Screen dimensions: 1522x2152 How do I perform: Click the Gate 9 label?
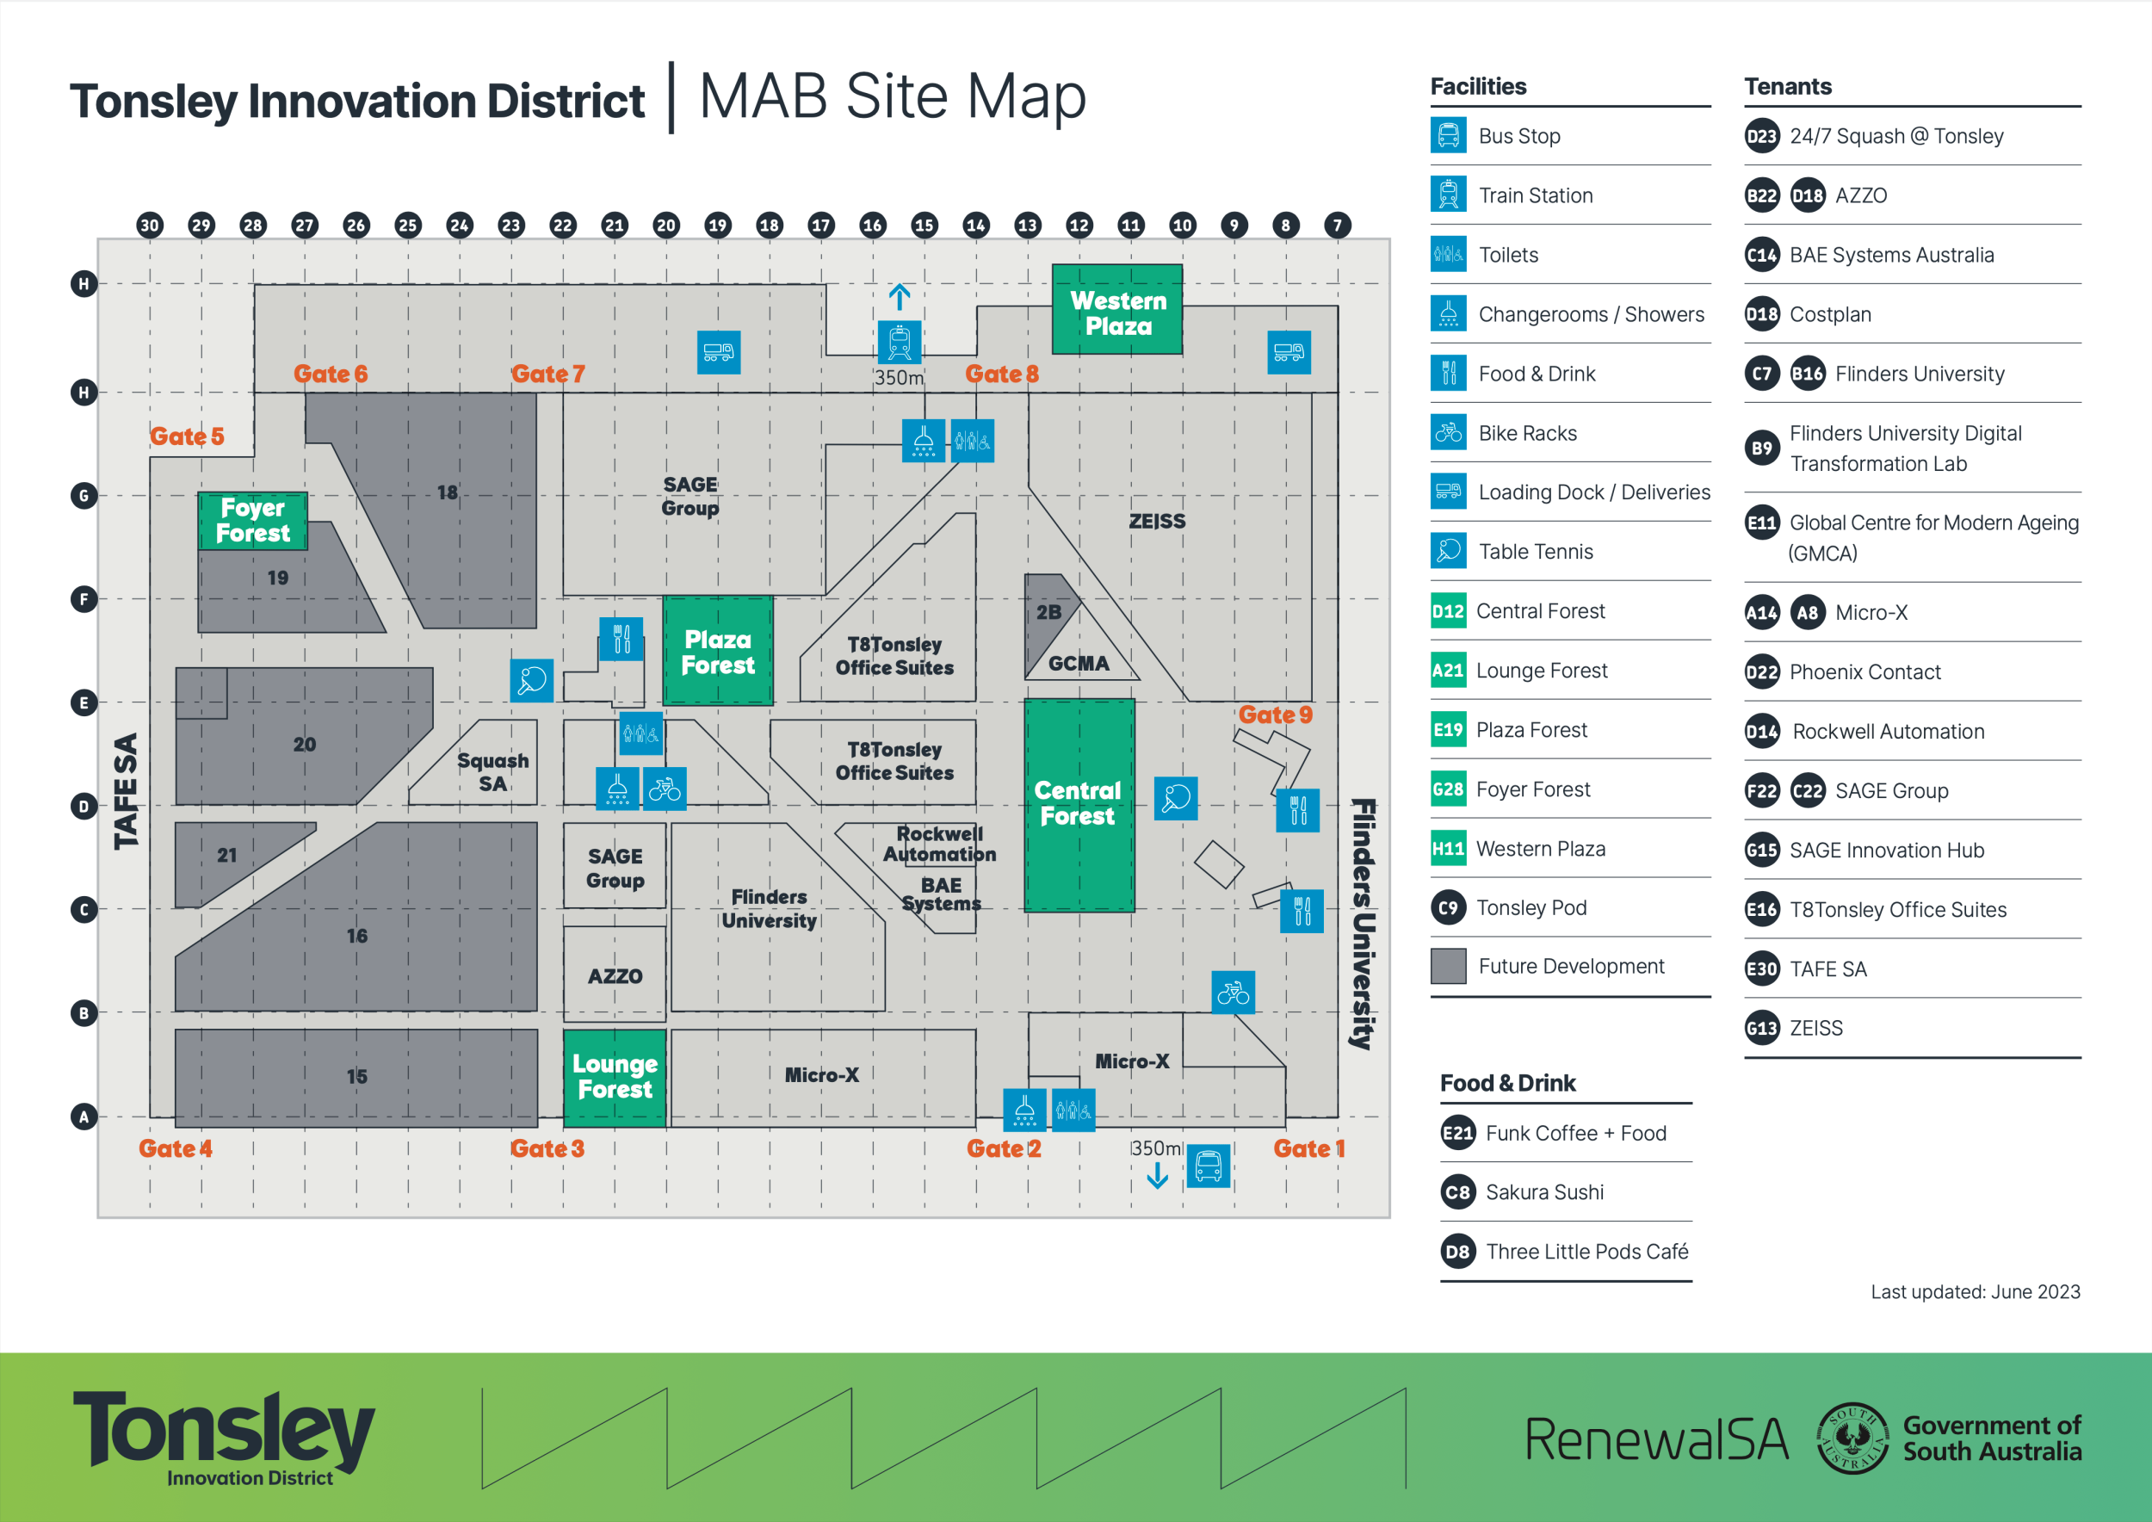[x=1275, y=715]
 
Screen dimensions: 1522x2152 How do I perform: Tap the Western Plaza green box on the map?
[x=1117, y=311]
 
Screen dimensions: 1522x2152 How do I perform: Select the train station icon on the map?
[x=899, y=341]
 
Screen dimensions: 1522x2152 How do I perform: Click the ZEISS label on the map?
[x=1157, y=521]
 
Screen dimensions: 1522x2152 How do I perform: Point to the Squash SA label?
[x=492, y=771]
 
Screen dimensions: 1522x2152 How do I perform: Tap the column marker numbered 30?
[x=149, y=225]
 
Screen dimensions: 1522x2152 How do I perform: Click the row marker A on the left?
[x=84, y=1117]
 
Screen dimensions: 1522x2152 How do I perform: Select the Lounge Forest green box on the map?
[x=615, y=1077]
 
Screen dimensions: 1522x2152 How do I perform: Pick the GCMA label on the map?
[x=1078, y=664]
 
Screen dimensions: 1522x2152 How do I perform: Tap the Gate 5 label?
[x=187, y=436]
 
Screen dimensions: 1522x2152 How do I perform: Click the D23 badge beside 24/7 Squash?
[x=1761, y=136]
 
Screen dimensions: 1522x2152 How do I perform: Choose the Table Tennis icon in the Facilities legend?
[x=1448, y=551]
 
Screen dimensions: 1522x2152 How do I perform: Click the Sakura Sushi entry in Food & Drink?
[x=1543, y=1192]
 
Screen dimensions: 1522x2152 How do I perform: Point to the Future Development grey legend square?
[x=1448, y=966]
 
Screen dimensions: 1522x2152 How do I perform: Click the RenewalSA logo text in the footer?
[x=1655, y=1439]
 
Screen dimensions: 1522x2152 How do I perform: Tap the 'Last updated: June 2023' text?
[x=1975, y=1291]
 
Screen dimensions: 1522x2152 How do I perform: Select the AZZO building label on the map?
[x=615, y=975]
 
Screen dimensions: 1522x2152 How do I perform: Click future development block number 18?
[x=447, y=492]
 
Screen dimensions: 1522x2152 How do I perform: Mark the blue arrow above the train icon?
[x=899, y=297]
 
